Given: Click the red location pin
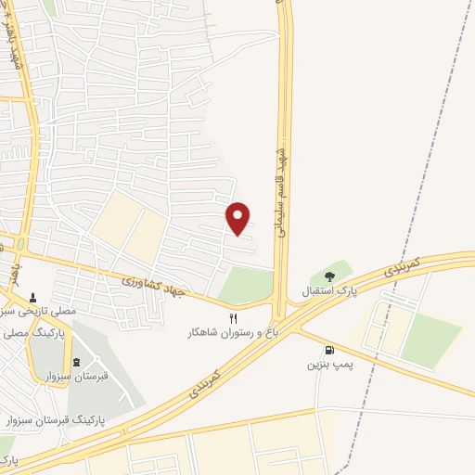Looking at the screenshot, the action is tap(238, 218).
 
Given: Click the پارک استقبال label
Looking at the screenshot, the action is tap(328, 291).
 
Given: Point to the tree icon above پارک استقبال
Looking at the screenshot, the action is tap(328, 276).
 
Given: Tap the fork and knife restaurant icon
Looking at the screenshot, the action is tap(219, 318).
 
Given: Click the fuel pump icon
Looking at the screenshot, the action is tap(329, 351).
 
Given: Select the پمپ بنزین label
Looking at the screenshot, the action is tap(329, 366).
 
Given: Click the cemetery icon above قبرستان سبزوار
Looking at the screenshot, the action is tap(76, 362).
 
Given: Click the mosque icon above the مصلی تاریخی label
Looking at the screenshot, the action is tap(34, 298).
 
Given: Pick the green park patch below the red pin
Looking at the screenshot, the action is tap(247, 285).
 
